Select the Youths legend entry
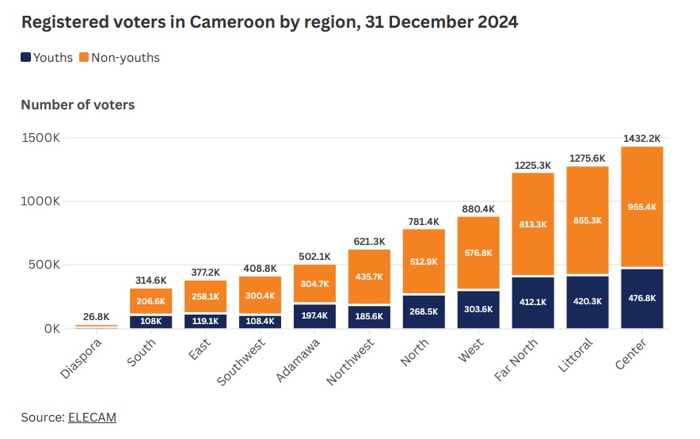(x=47, y=58)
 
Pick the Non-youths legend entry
(x=120, y=58)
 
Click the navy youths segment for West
(x=478, y=309)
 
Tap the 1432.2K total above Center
(x=642, y=138)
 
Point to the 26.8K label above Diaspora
(x=96, y=317)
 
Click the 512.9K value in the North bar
(x=424, y=262)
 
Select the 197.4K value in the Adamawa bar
(x=314, y=316)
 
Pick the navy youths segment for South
(x=150, y=321)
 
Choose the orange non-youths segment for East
(x=205, y=297)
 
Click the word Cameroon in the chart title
(x=223, y=22)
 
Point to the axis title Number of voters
(x=78, y=105)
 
